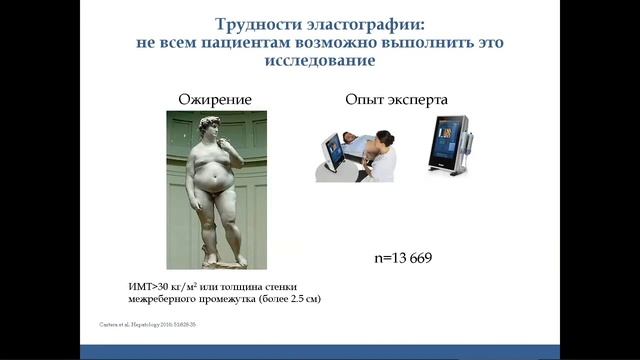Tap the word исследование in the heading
point(320,62)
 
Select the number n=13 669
point(395,260)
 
